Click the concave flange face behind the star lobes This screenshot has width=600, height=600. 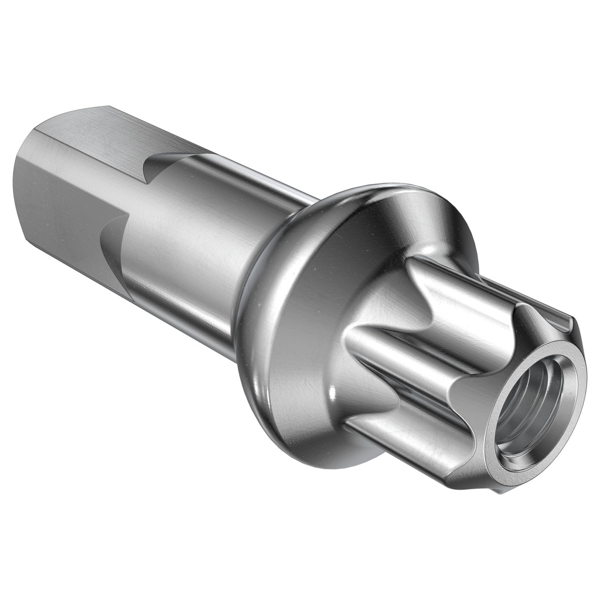pyautogui.click(x=328, y=281)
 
